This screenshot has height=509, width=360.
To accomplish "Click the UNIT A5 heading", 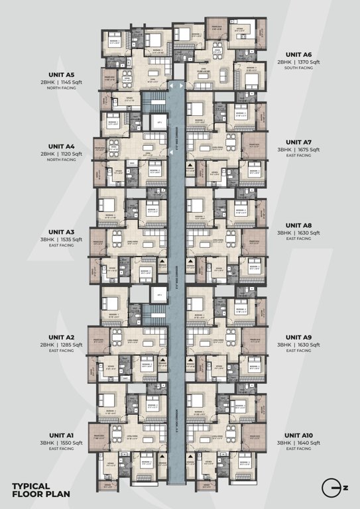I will click(x=61, y=75).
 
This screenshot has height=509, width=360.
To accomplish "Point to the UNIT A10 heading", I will click(x=298, y=434).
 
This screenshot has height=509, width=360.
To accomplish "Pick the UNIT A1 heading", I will click(x=61, y=434).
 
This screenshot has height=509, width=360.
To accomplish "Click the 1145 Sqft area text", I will click(x=70, y=83).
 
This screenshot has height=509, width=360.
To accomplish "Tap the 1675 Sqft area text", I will click(x=308, y=150).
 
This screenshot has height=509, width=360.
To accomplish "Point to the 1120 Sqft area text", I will click(x=70, y=154).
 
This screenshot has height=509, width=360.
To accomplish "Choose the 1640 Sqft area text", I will click(x=308, y=442).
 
